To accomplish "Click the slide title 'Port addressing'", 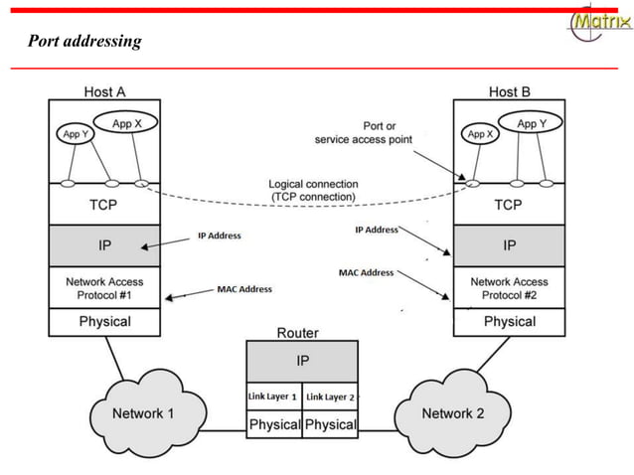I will pyautogui.click(x=84, y=42).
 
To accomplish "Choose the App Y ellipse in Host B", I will pyautogui.click(x=527, y=124).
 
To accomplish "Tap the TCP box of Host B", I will pyautogui.click(x=509, y=205).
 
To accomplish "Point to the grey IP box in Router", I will pyautogui.click(x=302, y=361).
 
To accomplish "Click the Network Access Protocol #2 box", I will pyautogui.click(x=509, y=288).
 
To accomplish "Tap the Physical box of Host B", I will pyautogui.click(x=509, y=322).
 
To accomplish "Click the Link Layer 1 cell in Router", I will pyautogui.click(x=273, y=396).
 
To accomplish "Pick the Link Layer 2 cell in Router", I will pyautogui.click(x=330, y=396).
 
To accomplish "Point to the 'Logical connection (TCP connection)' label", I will pyautogui.click(x=314, y=191).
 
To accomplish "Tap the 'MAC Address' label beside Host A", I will pyautogui.click(x=243, y=289).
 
